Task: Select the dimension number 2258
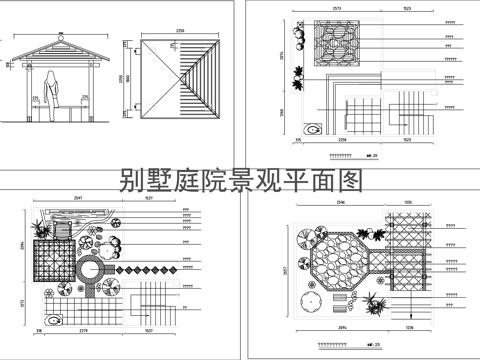tap(344, 142)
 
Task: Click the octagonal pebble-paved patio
tap(340, 263)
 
